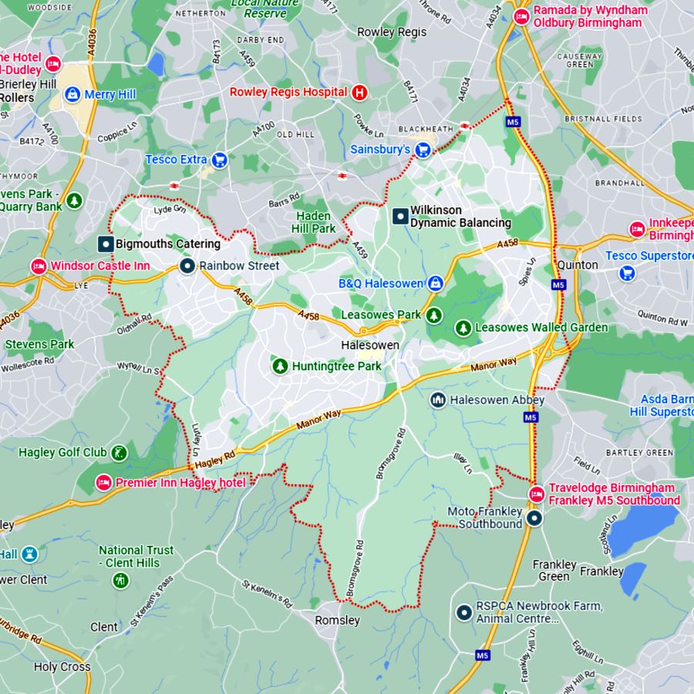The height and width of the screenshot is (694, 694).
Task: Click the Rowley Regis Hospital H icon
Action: click(x=359, y=93)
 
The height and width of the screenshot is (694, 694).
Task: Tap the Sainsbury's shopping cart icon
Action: click(x=423, y=150)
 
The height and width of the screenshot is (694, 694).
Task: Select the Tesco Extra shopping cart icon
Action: click(x=220, y=160)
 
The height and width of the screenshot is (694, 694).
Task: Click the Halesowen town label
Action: click(x=370, y=345)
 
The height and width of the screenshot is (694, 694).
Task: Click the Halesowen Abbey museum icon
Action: click(x=438, y=399)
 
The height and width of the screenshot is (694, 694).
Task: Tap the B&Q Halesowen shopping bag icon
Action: click(x=436, y=284)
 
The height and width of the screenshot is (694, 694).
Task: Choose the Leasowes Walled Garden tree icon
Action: click(x=463, y=328)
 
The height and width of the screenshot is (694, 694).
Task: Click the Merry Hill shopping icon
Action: click(x=72, y=94)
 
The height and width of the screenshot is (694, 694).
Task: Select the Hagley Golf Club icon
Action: click(x=119, y=452)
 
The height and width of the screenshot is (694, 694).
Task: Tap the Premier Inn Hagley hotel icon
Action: click(x=103, y=483)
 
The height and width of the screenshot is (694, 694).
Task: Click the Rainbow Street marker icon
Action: click(x=187, y=266)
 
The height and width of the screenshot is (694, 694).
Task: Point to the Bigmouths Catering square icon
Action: click(x=105, y=244)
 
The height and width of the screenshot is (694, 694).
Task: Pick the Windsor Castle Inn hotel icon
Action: click(x=39, y=266)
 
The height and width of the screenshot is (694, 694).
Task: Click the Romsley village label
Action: click(x=337, y=620)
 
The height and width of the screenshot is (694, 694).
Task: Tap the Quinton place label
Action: click(x=578, y=264)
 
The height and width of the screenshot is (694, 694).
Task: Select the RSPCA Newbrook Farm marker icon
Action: click(x=463, y=612)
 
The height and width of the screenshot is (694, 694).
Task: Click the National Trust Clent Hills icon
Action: click(x=120, y=580)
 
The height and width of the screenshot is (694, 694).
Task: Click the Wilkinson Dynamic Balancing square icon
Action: click(x=400, y=216)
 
